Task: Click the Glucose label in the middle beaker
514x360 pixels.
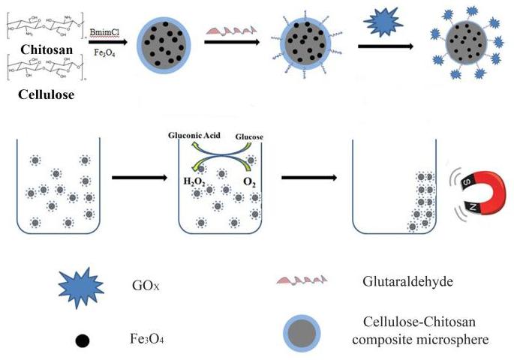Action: (x=249, y=136)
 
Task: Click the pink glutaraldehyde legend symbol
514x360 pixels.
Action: (x=299, y=280)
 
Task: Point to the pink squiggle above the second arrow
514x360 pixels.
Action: (x=228, y=29)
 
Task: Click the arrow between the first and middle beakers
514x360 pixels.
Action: (x=139, y=178)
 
